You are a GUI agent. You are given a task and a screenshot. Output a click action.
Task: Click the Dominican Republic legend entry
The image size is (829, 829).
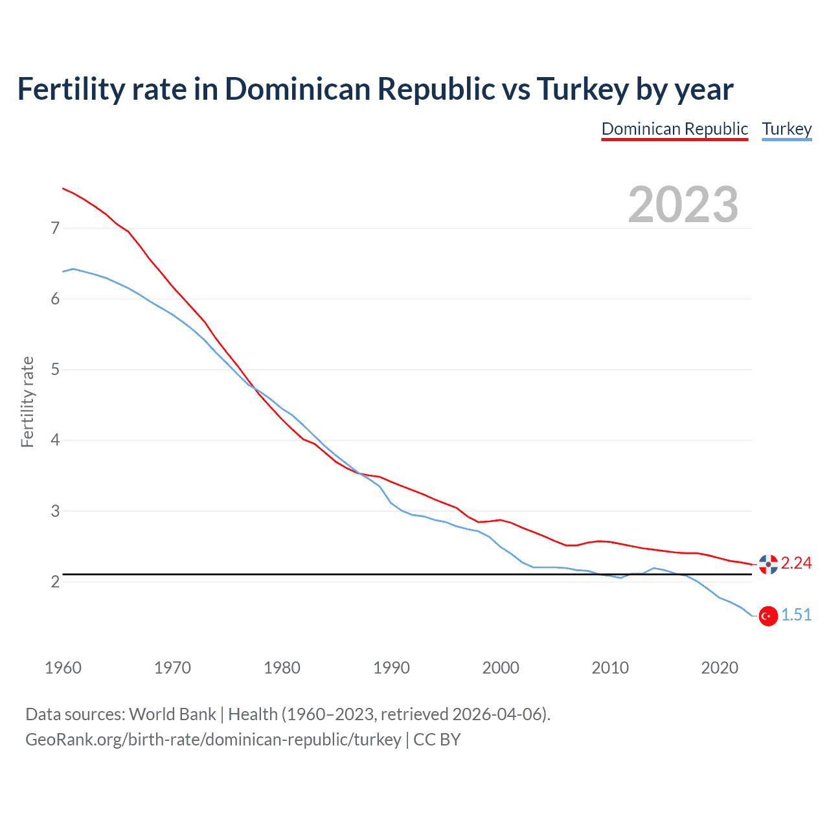[674, 129]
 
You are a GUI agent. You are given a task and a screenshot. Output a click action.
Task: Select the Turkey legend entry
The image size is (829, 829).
[786, 129]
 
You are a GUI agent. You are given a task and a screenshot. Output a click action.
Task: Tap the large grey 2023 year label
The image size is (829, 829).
[683, 205]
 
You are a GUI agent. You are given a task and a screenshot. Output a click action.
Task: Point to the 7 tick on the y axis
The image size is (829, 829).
[55, 228]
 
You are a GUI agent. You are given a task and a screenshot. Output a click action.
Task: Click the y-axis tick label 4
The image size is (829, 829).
[55, 440]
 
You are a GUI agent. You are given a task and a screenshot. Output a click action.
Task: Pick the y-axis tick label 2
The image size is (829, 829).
[55, 582]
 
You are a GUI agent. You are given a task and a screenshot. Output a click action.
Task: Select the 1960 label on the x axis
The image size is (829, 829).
[63, 668]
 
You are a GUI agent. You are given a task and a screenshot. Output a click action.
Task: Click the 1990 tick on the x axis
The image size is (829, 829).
[391, 668]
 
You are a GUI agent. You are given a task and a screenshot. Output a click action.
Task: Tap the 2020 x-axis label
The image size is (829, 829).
[720, 668]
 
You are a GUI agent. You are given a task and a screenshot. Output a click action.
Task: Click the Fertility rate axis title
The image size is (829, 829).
[27, 402]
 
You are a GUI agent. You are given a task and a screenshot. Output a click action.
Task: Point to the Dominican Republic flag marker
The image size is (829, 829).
[768, 564]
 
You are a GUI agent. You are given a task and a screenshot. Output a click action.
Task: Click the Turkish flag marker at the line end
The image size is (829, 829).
[768, 616]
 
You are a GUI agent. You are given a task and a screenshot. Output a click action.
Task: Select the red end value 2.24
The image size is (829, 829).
[796, 563]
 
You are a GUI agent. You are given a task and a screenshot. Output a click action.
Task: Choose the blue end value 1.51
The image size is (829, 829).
[796, 615]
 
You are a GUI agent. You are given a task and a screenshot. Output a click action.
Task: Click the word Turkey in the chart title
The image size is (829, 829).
[582, 89]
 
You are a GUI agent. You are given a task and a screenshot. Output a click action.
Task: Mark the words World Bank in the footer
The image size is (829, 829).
[172, 714]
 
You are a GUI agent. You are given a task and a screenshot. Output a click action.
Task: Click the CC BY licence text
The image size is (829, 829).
[437, 740]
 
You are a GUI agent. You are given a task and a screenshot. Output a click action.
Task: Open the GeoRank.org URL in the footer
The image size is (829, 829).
[213, 740]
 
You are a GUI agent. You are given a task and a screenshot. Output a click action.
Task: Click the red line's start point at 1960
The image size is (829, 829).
[63, 188]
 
